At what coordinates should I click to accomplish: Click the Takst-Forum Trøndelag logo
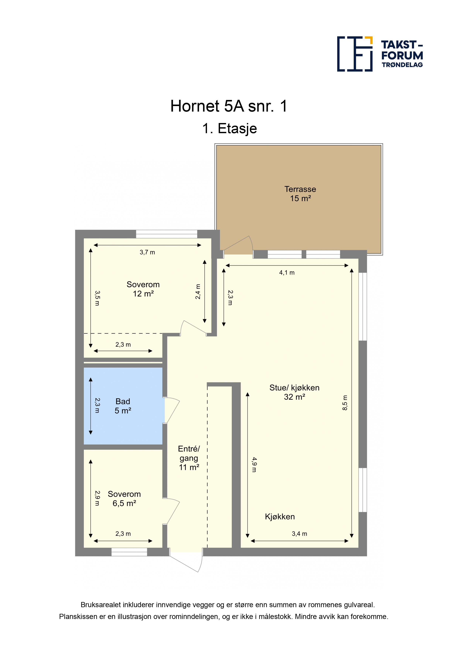[380, 54]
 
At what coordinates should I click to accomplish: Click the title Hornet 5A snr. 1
[229, 106]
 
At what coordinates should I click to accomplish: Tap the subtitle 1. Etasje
[229, 129]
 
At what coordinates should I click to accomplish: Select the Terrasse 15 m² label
[300, 194]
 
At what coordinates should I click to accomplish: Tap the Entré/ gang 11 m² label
[189, 458]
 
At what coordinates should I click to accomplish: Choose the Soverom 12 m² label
[143, 289]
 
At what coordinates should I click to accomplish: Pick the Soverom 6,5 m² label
[124, 499]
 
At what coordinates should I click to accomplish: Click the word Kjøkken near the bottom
[280, 517]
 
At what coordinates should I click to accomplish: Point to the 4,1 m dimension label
[287, 272]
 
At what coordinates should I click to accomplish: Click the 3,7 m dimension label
[147, 252]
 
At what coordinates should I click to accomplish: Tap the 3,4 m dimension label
[299, 534]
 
